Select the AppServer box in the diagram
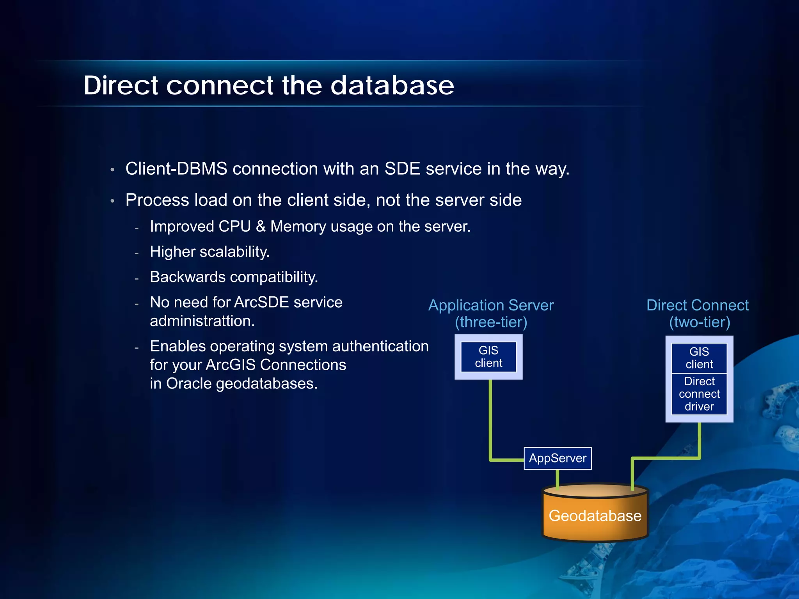point(558,458)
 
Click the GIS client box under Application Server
point(488,357)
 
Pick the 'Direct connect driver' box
point(699,394)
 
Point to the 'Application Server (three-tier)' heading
point(491,314)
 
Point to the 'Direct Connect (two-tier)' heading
point(698,314)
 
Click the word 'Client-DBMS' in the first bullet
point(176,169)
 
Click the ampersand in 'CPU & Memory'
point(261,227)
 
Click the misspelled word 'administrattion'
point(202,321)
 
